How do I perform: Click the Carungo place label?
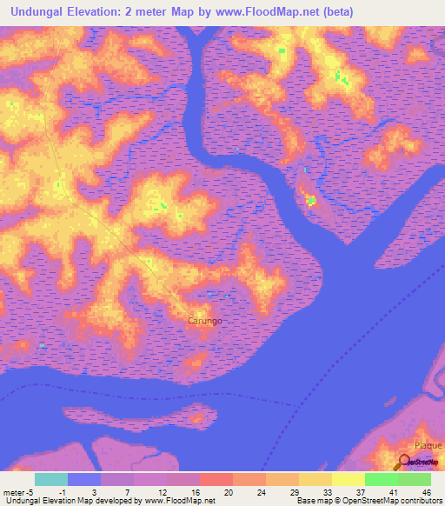click(205, 321)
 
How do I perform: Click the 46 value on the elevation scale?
click(426, 492)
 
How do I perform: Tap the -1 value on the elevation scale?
click(62, 492)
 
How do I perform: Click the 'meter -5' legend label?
click(18, 492)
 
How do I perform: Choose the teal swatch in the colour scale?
click(51, 479)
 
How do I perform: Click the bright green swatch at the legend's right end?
click(415, 479)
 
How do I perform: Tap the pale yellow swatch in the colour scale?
click(348, 479)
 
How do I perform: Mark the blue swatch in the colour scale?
click(84, 479)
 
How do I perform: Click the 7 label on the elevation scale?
click(127, 492)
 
